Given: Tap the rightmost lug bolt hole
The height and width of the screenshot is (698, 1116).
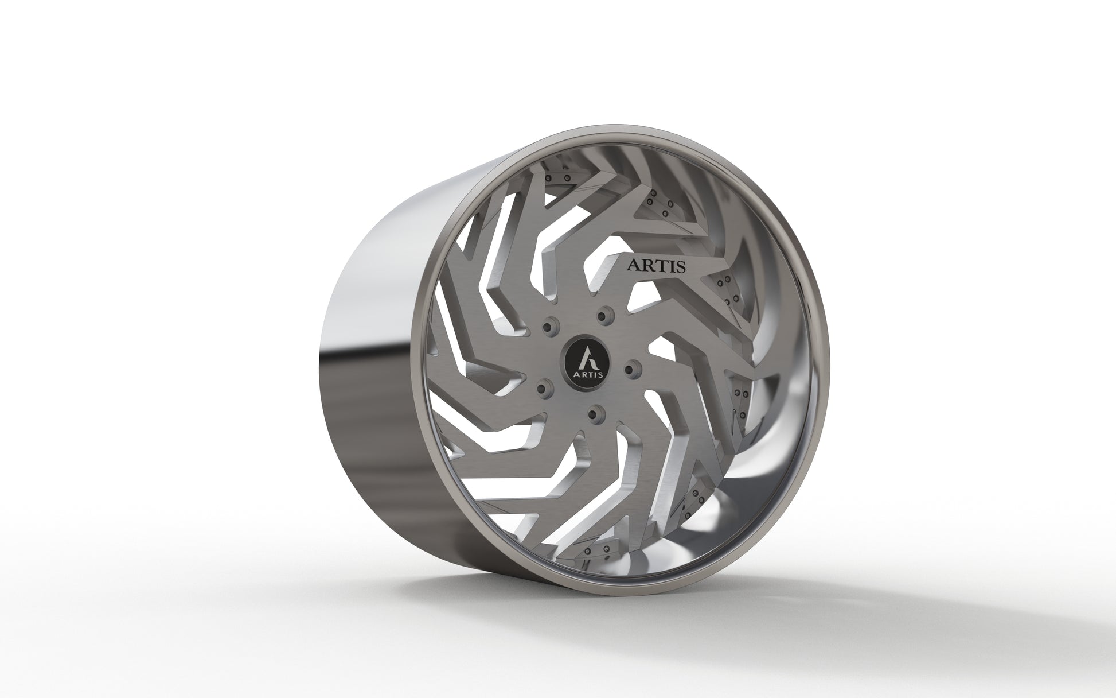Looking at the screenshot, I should pyautogui.click(x=629, y=367).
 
